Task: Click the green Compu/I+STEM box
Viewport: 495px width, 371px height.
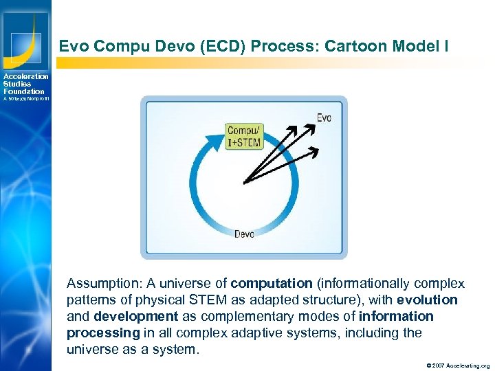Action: tap(243, 137)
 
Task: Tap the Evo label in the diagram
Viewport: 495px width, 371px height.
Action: tap(324, 117)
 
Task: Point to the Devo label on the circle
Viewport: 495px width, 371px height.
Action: tap(244, 234)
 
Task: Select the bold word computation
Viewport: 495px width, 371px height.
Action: tap(272, 283)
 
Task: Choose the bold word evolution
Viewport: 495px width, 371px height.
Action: tap(427, 300)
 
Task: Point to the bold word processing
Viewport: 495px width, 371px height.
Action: tap(103, 333)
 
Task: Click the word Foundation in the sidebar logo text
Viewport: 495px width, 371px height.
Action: tap(23, 91)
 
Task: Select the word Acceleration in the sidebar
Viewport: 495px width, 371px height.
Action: tap(26, 76)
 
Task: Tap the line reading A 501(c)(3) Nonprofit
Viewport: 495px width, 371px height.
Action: tap(26, 99)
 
